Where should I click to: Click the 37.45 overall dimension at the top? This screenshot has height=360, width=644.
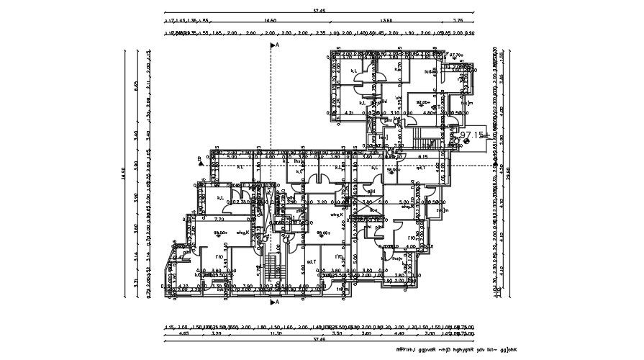click(319, 11)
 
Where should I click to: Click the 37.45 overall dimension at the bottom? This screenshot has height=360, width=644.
click(319, 339)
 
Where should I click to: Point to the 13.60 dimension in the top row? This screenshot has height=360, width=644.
click(386, 22)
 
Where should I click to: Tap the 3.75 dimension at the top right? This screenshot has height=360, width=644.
click(458, 22)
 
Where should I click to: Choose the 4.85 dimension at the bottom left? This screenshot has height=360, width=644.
click(183, 333)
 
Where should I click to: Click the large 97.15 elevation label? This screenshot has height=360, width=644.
click(471, 135)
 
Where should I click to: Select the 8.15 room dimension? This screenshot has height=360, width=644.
click(423, 156)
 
